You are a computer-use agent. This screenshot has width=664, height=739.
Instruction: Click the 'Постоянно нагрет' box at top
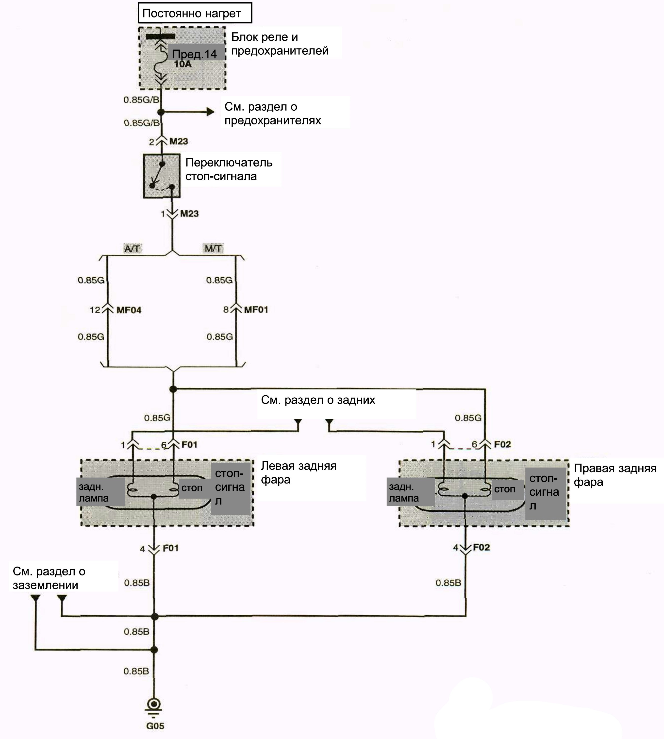pos(195,13)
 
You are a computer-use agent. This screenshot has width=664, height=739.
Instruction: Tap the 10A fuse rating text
pos(183,64)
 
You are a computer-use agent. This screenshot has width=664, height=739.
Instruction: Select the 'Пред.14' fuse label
pos(195,54)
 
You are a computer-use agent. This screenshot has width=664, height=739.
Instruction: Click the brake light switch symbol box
pos(162,176)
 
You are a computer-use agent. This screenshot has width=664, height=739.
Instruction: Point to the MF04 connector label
pos(129,310)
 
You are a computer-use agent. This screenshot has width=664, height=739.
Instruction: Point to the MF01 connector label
pos(256,310)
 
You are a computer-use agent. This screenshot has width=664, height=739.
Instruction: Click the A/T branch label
pos(132,249)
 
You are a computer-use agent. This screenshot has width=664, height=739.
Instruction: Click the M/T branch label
pos(213,249)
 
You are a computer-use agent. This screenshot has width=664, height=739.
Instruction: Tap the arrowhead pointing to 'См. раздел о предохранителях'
pos(211,112)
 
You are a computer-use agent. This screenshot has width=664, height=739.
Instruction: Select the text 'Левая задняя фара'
pos(299,473)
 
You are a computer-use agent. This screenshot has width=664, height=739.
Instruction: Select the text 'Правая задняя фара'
pos(615,475)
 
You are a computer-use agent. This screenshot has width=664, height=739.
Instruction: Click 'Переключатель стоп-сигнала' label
pos(229,169)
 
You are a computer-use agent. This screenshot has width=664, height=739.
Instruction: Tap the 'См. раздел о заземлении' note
pos(49,578)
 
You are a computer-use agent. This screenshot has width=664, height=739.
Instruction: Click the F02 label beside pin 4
pos(481,547)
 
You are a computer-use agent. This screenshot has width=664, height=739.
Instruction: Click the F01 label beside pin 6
pos(189,444)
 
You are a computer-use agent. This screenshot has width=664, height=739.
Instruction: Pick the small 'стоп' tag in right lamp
pos(505,489)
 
